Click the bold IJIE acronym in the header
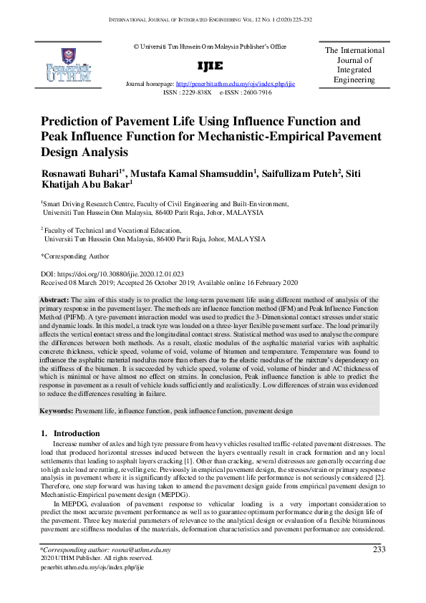[x=210, y=66]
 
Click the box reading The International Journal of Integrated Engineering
[x=354, y=65]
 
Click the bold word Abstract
[x=54, y=299]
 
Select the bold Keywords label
[x=56, y=412]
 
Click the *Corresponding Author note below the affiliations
[x=75, y=256]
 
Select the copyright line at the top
[x=210, y=47]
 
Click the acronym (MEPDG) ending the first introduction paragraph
[x=170, y=495]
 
